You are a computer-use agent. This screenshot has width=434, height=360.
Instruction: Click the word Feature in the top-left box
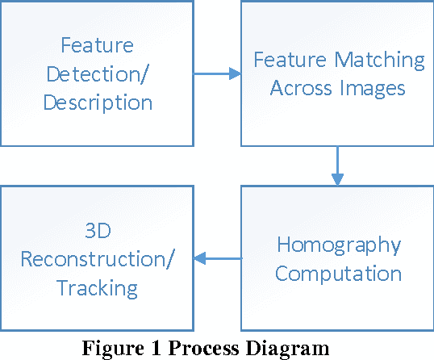(97, 46)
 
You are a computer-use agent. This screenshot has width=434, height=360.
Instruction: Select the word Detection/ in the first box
(97, 74)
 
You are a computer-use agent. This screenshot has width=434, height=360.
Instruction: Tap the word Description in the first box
(97, 103)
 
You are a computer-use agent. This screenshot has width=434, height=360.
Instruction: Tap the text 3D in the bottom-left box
(97, 232)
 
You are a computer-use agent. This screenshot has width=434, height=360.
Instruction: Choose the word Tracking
(97, 287)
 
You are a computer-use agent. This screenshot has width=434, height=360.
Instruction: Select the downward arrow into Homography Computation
(337, 165)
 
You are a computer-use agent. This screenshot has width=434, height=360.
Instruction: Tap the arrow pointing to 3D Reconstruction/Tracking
(218, 258)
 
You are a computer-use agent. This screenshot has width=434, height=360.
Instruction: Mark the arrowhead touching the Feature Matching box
(235, 73)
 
